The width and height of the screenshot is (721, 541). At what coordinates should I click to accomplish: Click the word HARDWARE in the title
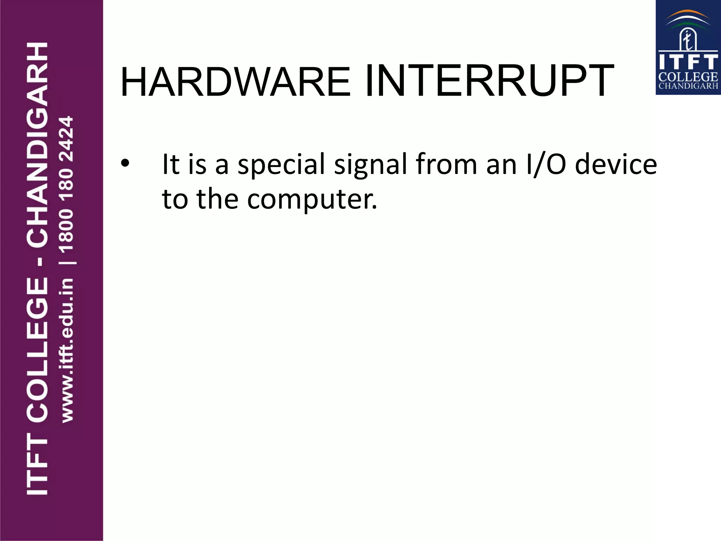(235, 82)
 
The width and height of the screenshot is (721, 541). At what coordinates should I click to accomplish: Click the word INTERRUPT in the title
(490, 81)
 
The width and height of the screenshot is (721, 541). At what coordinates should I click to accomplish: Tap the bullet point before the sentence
(125, 164)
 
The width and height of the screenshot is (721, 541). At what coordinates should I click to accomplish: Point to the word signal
(370, 164)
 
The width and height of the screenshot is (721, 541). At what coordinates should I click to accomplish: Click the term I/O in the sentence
(545, 164)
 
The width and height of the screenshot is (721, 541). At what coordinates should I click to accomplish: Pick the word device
(616, 164)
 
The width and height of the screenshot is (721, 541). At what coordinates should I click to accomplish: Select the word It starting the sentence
(171, 164)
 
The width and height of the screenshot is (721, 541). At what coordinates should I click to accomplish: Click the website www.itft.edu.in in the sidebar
(67, 350)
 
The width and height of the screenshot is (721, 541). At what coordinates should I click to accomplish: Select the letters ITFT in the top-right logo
(688, 62)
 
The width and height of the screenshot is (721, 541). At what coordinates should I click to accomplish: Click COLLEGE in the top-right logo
(688, 77)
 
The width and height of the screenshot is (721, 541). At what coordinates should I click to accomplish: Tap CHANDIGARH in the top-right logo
(688, 86)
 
